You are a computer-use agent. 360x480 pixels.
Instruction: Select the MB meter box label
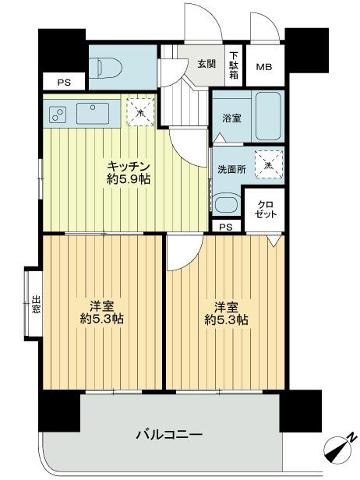(x=266, y=67)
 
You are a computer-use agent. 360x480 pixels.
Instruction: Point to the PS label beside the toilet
(x=62, y=81)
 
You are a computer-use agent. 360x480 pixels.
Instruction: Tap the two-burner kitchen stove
(x=57, y=115)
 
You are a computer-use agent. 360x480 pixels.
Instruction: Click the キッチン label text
(x=129, y=167)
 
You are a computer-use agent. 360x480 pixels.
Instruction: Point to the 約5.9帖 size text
(x=129, y=180)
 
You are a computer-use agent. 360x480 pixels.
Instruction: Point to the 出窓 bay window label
(x=36, y=303)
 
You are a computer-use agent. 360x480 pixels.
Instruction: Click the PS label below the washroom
(x=225, y=227)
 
